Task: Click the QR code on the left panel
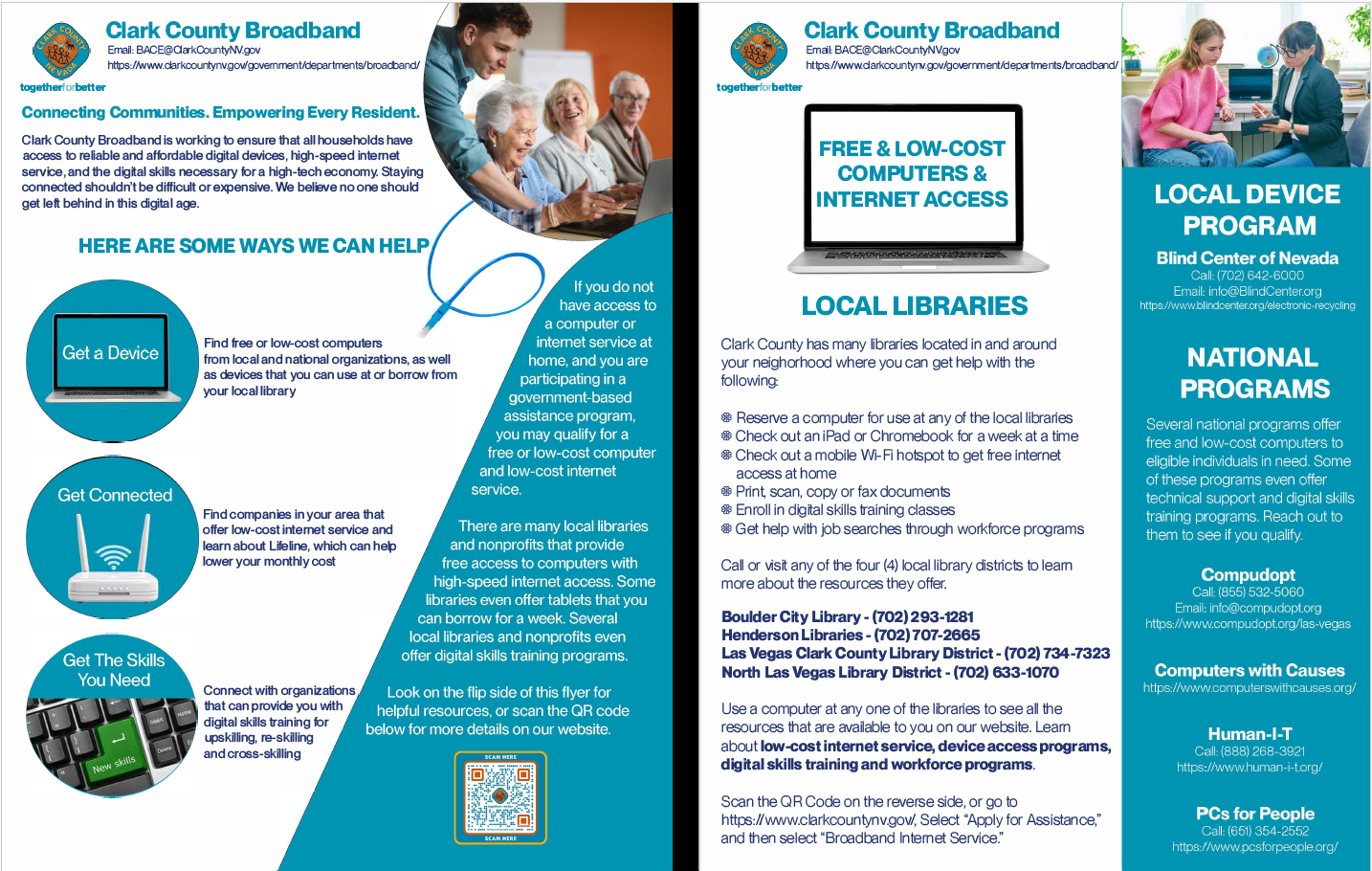[x=500, y=796]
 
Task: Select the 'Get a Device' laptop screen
[x=111, y=353]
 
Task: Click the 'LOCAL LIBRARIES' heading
[x=914, y=306]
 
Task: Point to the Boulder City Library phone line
[x=847, y=617]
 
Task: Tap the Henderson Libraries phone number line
[x=850, y=636]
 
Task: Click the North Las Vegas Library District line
[x=890, y=673]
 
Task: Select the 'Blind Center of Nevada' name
[x=1247, y=258]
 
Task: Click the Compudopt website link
[x=1248, y=624]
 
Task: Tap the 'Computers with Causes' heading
[x=1249, y=671]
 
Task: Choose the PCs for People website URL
[x=1254, y=847]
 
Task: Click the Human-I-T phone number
[x=1249, y=751]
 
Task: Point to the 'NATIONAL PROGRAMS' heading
[x=1253, y=373]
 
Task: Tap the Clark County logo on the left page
[x=61, y=51]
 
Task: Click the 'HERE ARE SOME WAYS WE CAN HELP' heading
[x=254, y=246]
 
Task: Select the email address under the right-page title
[x=882, y=50]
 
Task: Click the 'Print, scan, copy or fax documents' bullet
[x=842, y=492]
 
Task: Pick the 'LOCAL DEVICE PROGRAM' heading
[x=1248, y=210]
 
